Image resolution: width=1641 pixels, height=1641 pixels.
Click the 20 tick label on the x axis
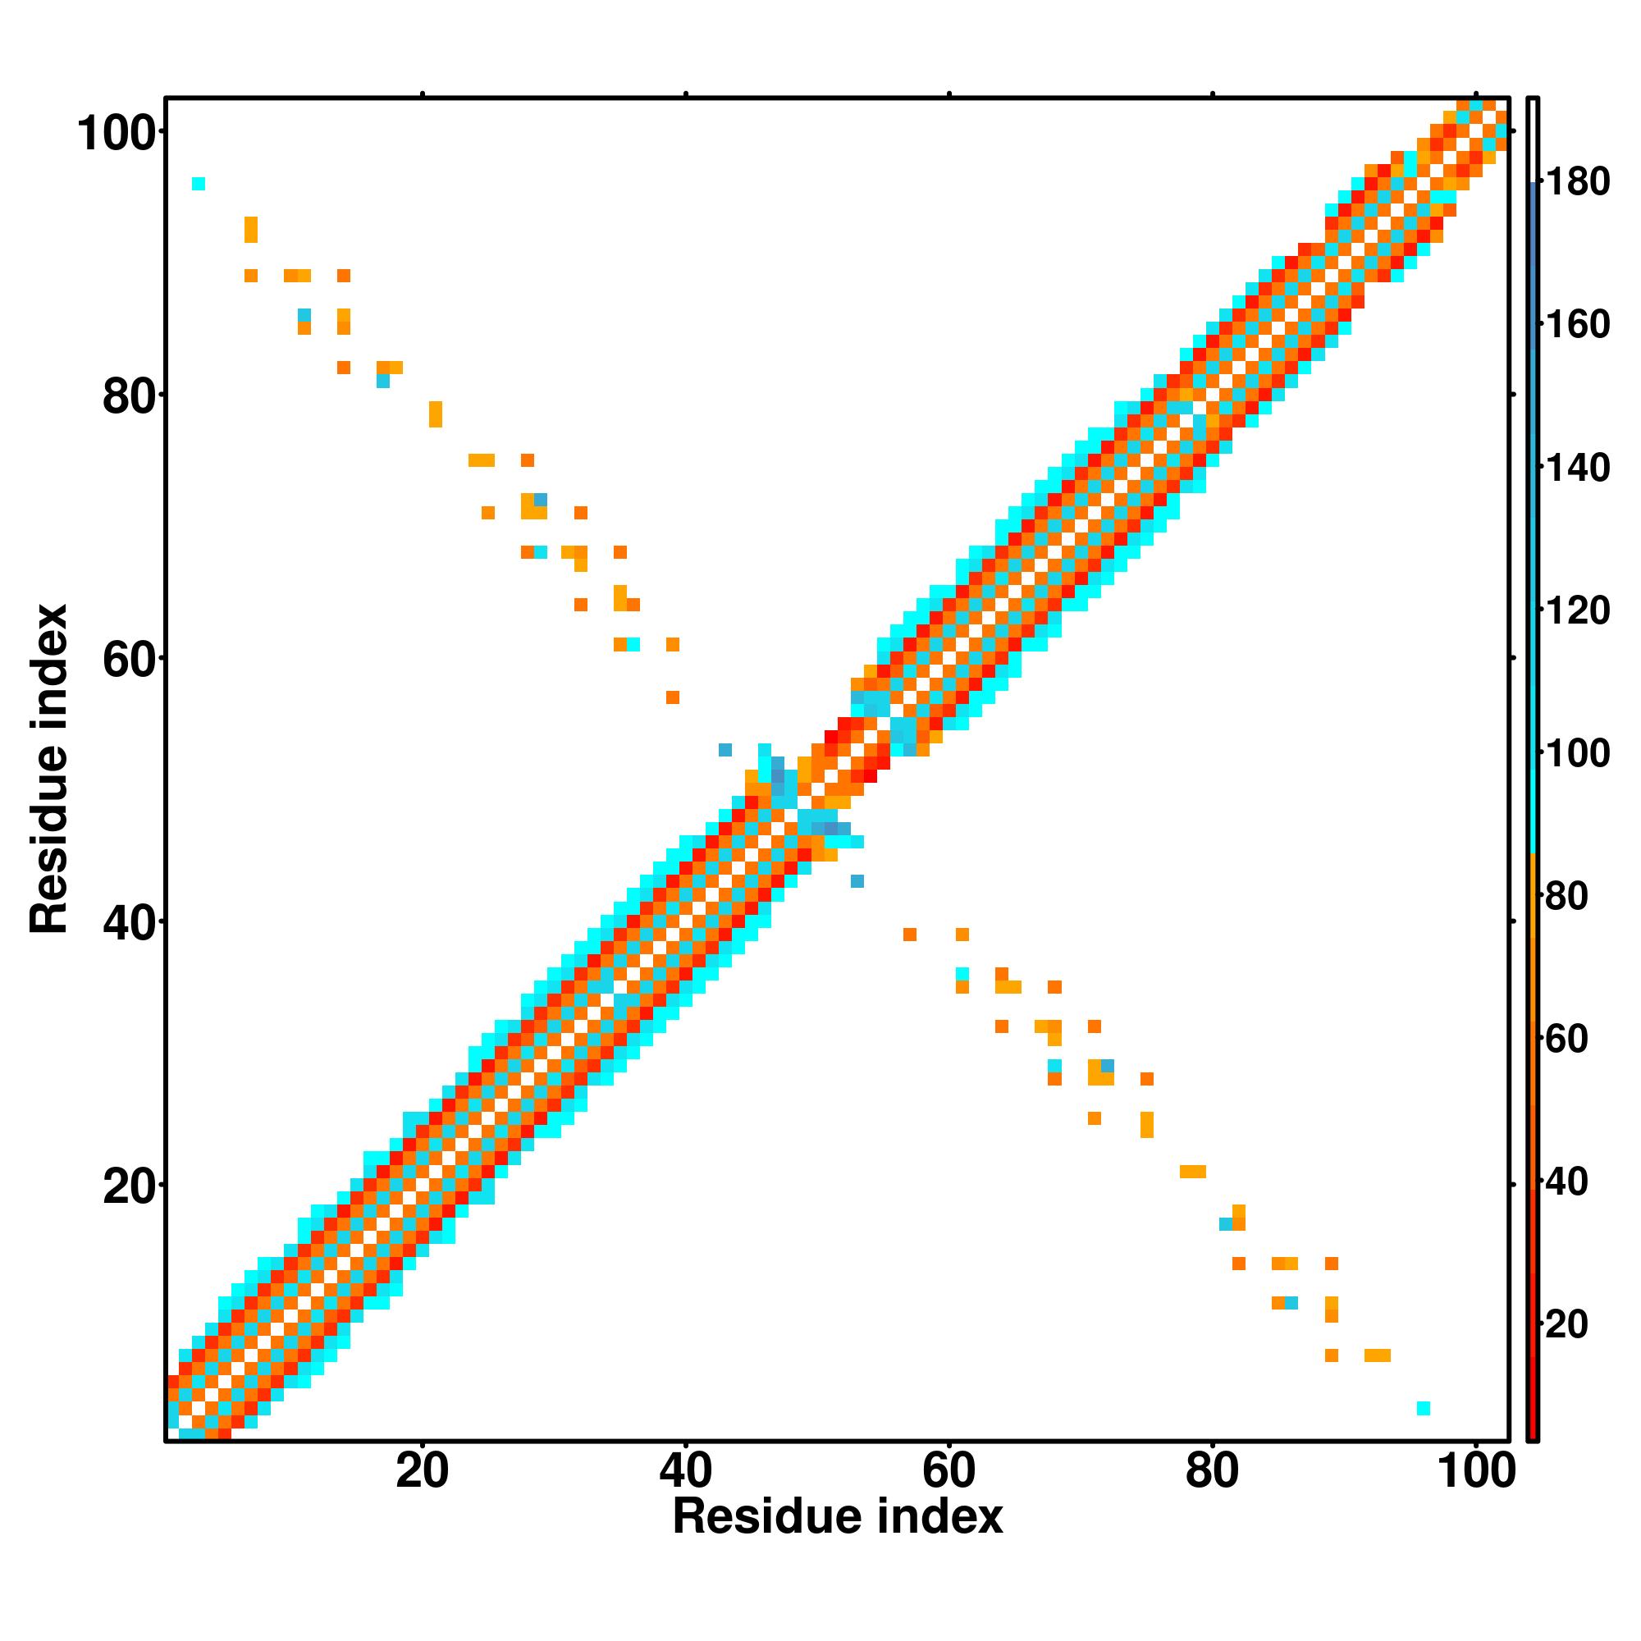[x=422, y=1472]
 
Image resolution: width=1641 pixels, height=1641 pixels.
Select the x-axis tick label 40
[x=685, y=1472]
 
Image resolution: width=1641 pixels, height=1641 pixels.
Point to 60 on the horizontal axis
[x=948, y=1472]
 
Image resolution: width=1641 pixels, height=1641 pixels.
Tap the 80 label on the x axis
[x=1212, y=1472]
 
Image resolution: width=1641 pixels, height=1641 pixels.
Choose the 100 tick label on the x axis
[x=1475, y=1472]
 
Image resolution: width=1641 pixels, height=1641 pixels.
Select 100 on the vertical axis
[x=120, y=135]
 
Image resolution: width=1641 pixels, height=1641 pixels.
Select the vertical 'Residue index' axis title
[x=49, y=769]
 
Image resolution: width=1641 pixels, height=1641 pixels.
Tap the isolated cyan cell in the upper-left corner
[x=199, y=184]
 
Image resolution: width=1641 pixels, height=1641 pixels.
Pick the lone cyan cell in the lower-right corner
[x=1424, y=1408]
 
